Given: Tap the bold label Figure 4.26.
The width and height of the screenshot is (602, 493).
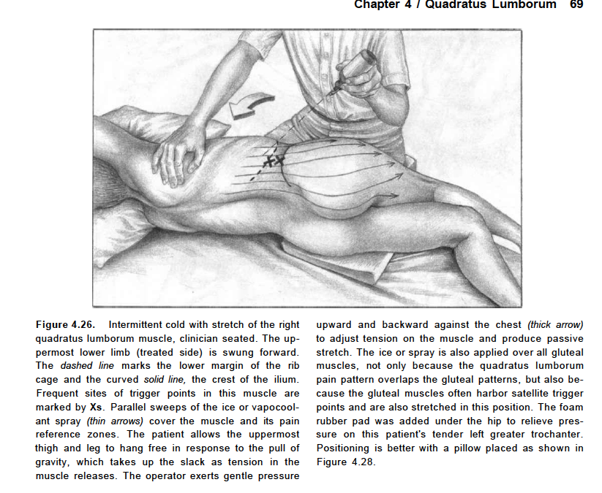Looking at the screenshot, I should tap(67, 324).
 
